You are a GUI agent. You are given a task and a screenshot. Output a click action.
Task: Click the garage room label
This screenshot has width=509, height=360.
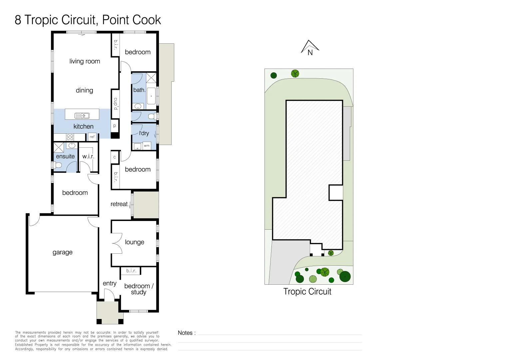tap(63, 252)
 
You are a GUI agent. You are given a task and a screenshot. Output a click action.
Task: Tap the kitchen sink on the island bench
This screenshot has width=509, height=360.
tap(82, 116)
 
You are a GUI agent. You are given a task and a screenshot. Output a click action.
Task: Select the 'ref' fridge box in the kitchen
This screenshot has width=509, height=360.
tap(92, 137)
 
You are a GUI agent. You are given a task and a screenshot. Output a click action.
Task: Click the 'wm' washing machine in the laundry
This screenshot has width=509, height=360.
tap(147, 146)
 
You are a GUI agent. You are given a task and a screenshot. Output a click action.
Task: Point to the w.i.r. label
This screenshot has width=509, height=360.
tap(88, 156)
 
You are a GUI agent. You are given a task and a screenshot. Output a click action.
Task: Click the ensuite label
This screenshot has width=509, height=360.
tap(65, 156)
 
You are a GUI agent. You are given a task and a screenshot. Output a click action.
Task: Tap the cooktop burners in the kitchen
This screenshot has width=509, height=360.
tap(70, 137)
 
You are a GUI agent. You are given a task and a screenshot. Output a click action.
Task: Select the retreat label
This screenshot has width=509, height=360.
tap(119, 204)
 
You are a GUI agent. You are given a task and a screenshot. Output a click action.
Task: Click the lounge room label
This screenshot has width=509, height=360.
tap(135, 242)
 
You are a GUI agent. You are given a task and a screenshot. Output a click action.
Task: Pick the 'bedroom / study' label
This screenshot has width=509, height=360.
tap(139, 289)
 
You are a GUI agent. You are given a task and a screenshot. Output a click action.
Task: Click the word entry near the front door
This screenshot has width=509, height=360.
tap(110, 283)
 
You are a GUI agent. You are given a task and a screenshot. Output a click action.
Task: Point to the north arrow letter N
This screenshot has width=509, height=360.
tap(310, 53)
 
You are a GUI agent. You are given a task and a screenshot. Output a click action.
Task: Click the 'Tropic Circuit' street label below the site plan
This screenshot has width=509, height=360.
tap(307, 292)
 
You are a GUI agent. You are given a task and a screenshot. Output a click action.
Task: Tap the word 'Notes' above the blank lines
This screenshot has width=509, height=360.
tap(185, 333)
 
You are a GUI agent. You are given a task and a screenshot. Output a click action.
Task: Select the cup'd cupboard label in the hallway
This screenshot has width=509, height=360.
tap(116, 104)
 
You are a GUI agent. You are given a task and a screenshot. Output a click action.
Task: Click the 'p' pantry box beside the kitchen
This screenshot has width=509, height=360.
tap(115, 126)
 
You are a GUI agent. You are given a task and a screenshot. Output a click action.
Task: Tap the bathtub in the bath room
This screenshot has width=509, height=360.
tap(151, 96)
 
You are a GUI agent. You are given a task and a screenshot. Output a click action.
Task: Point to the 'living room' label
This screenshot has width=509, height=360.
tap(85, 61)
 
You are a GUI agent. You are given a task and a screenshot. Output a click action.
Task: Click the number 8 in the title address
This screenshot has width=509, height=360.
tap(18, 20)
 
